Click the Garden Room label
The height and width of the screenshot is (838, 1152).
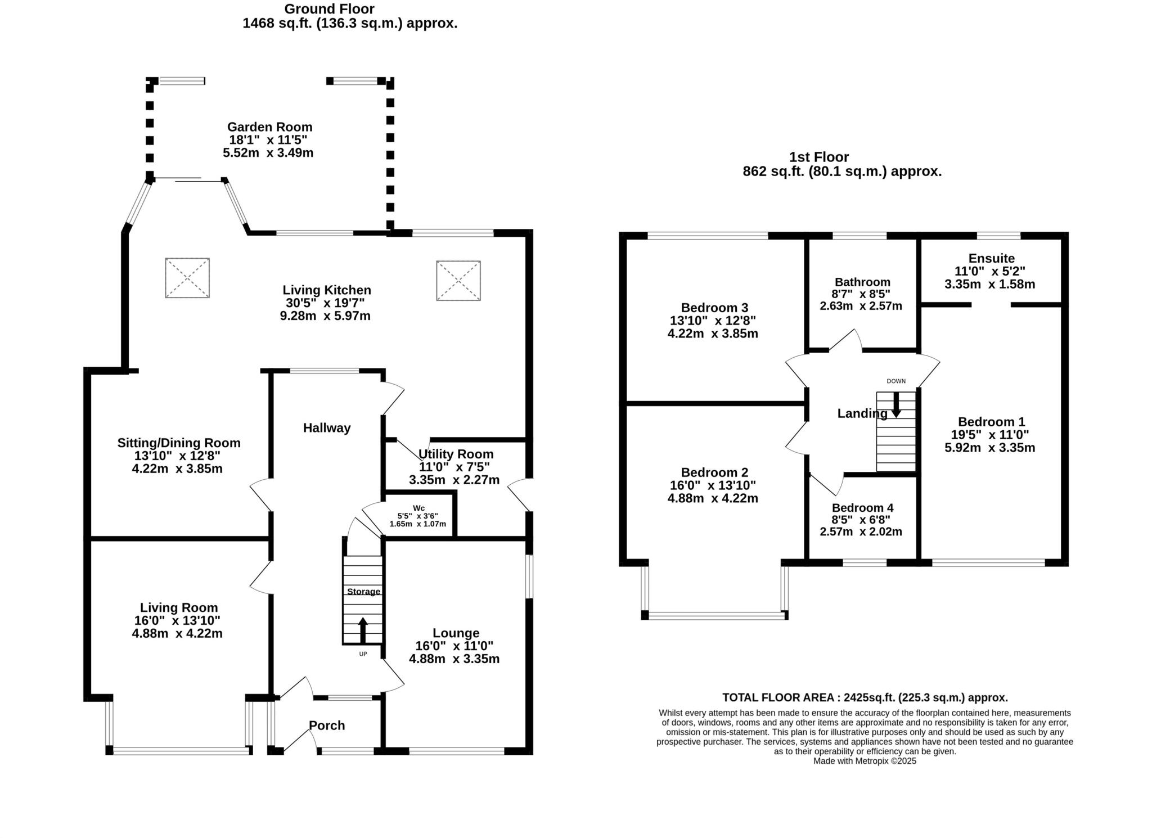point(269,127)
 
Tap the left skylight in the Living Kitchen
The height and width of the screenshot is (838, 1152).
point(187,278)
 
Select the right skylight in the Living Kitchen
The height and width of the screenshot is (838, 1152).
point(458,281)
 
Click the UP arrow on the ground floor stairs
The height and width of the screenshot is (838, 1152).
point(363,630)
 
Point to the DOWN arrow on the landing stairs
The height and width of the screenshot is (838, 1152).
point(896,404)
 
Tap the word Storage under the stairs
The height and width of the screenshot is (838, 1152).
point(363,592)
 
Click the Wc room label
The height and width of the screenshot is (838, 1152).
point(418,508)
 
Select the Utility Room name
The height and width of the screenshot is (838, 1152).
point(456,454)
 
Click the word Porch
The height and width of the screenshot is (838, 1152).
point(327,726)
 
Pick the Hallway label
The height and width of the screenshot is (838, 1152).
point(327,428)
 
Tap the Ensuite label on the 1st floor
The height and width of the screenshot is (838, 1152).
point(991,259)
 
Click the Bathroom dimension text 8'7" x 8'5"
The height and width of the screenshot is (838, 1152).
point(861,294)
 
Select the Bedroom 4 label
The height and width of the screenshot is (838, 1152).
point(862,508)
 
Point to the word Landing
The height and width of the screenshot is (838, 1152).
point(862,414)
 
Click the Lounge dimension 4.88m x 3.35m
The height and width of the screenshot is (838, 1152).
point(454,659)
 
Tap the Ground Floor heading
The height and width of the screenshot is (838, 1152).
point(329,9)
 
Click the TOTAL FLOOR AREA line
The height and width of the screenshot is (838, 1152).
point(865,698)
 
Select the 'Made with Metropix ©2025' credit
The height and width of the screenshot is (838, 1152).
point(865,761)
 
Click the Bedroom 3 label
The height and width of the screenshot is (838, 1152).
point(714,308)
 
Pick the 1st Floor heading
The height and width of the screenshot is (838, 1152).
point(818,157)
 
